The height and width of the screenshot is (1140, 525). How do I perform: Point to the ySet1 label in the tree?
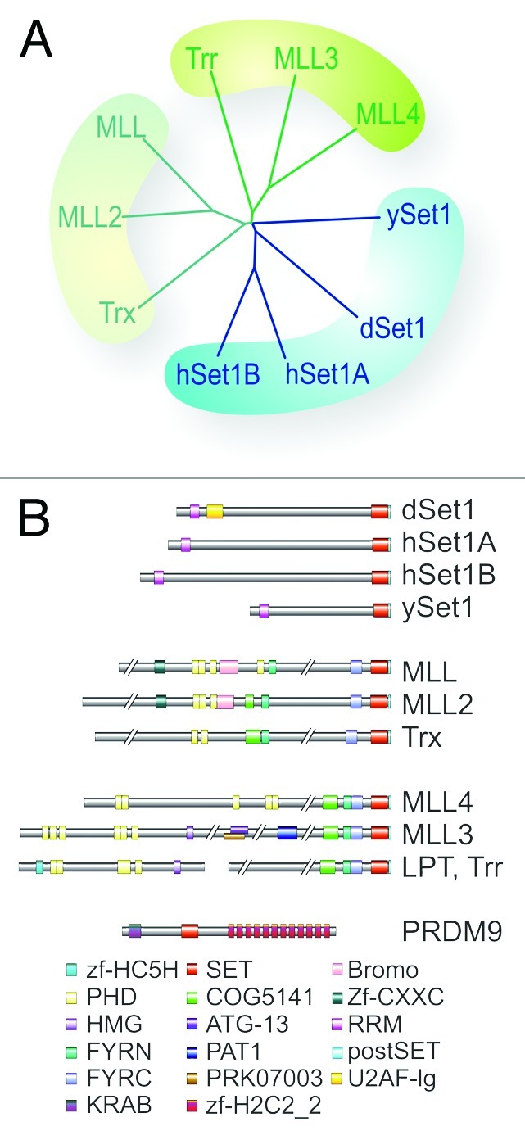(419, 217)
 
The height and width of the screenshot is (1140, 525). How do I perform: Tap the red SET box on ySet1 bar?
(381, 610)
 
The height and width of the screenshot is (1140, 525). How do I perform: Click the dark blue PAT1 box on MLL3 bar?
(287, 833)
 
